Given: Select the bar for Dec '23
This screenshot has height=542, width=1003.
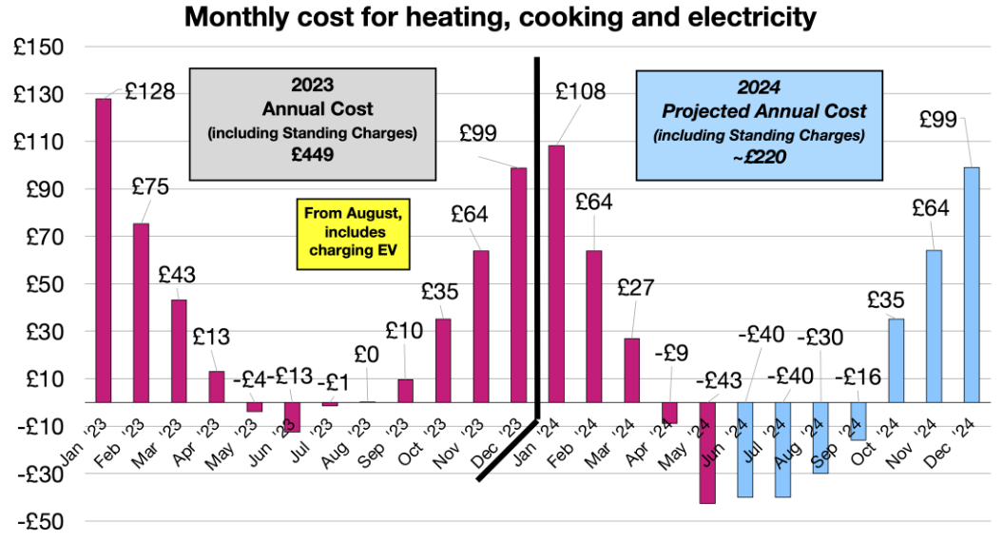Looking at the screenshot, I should click(x=519, y=285).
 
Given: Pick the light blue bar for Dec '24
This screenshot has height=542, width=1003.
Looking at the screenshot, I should click(x=971, y=285).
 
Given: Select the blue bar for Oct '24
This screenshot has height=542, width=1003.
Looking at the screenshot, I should click(x=896, y=360).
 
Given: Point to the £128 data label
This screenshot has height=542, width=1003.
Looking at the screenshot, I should click(x=150, y=92).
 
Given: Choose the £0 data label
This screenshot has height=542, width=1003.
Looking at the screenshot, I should click(x=367, y=353).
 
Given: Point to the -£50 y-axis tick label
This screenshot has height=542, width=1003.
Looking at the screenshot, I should click(x=38, y=521).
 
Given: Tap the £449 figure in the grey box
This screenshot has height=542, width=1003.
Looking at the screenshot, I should click(x=312, y=153).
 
